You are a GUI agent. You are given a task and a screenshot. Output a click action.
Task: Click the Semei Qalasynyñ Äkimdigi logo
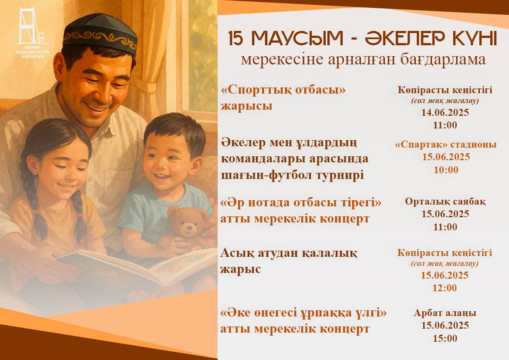tap(32, 33)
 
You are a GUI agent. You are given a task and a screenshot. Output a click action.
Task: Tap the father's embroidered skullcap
tap(100, 33)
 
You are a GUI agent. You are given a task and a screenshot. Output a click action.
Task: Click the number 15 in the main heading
tap(236, 38)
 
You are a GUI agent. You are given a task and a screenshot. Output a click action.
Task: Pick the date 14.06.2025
tap(445, 112)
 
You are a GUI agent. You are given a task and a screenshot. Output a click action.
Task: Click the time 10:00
tap(446, 170)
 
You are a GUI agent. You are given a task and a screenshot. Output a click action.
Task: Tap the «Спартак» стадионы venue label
tap(446, 145)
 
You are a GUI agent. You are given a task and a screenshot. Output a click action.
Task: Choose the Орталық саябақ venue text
tap(445, 202)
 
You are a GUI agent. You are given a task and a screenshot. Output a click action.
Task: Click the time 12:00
tap(445, 288)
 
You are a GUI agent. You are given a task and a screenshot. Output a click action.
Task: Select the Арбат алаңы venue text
tap(445, 313)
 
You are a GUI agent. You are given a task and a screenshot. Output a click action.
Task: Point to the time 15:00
tap(445, 338)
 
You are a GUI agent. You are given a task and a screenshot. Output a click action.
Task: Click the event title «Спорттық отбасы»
tap(283, 91)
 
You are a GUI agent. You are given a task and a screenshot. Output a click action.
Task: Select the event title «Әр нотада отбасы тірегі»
tap(301, 203)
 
